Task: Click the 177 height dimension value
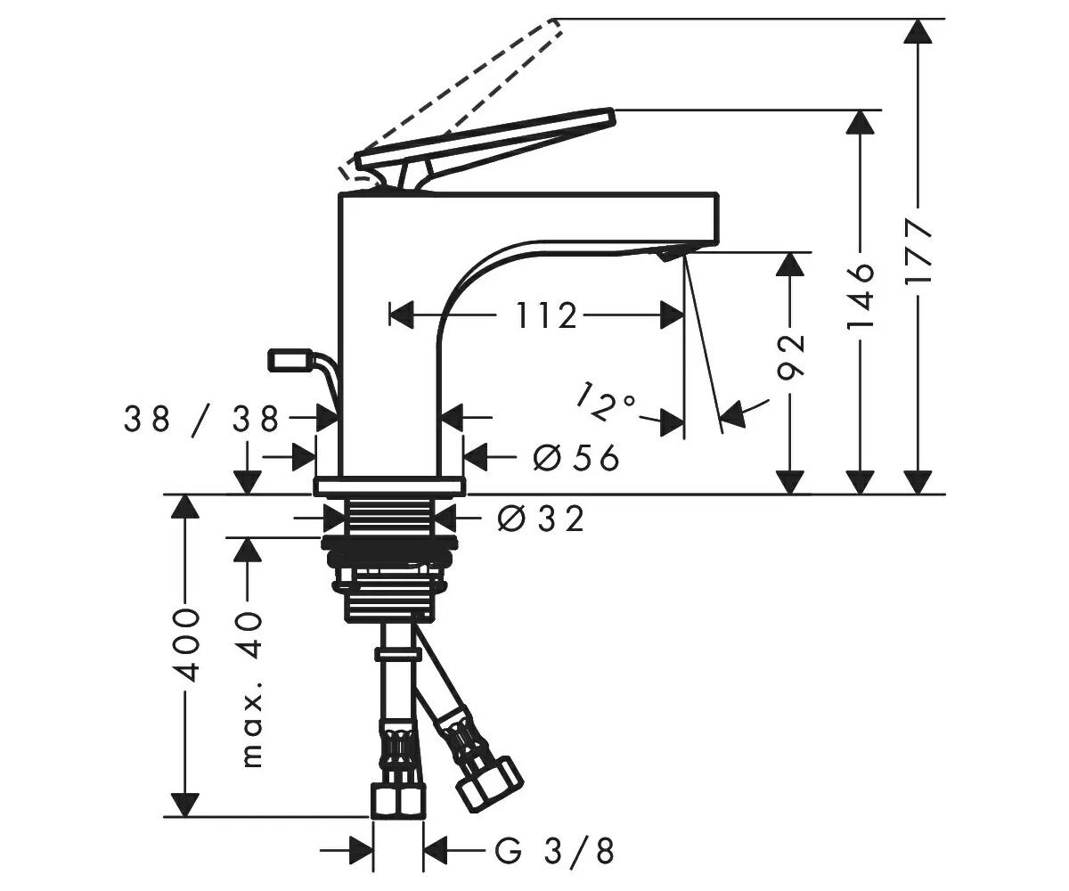click(x=917, y=251)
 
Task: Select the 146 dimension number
click(x=861, y=297)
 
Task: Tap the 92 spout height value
click(x=791, y=357)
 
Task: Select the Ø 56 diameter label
click(x=576, y=457)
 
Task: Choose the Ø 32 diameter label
click(x=541, y=519)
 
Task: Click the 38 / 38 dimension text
click(x=201, y=420)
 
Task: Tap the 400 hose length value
click(x=186, y=645)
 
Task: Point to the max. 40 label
click(x=251, y=688)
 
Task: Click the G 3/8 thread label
click(x=554, y=851)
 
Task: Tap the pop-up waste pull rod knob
click(x=290, y=359)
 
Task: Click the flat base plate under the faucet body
click(x=389, y=486)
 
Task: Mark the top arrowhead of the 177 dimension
click(x=917, y=30)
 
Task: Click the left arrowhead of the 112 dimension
click(x=401, y=315)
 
